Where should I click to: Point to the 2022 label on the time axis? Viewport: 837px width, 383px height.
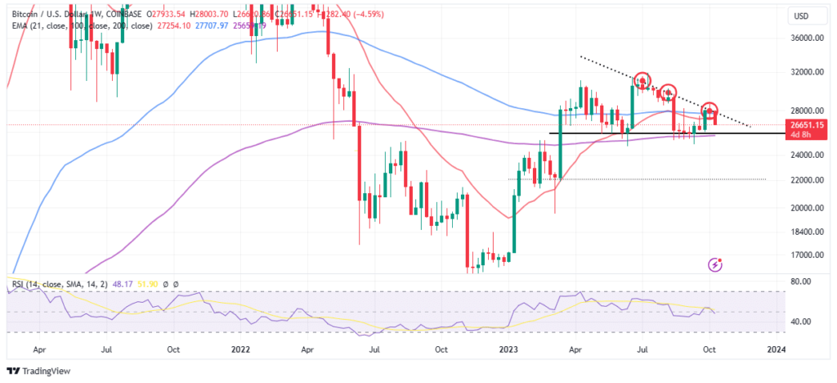(239, 349)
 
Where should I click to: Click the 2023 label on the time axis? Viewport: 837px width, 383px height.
(508, 349)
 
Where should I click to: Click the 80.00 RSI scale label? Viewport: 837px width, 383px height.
(801, 282)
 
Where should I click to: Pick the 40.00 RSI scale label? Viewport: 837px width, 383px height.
(801, 322)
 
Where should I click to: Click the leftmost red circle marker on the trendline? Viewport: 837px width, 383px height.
(642, 80)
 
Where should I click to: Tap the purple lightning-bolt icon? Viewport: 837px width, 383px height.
(717, 264)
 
